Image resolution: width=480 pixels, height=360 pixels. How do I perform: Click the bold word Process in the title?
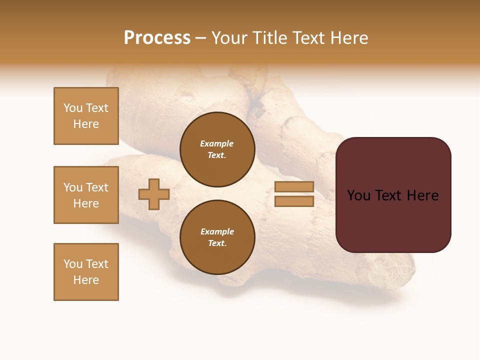(157, 38)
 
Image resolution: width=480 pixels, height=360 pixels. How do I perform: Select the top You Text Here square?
(86, 116)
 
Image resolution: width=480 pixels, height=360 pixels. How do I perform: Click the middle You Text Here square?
(86, 195)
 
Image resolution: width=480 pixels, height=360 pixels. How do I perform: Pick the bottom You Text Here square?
(86, 272)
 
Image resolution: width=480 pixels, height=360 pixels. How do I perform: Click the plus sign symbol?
(154, 194)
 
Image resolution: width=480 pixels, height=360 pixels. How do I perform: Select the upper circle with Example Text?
(217, 149)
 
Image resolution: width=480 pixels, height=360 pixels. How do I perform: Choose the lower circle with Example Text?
(217, 237)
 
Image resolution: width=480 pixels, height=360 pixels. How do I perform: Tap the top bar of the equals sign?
(294, 187)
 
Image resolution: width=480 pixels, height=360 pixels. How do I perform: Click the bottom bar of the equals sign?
(294, 201)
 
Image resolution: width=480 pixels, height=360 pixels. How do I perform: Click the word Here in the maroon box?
(422, 195)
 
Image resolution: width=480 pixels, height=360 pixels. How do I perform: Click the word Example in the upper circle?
(217, 144)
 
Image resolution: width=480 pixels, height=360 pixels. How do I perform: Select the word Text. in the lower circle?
(217, 243)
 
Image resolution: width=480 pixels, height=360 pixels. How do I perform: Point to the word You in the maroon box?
(358, 195)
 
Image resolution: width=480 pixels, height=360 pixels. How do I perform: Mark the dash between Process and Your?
(200, 38)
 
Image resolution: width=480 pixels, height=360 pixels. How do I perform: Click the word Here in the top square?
(86, 124)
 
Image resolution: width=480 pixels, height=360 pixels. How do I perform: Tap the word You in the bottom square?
(73, 264)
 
